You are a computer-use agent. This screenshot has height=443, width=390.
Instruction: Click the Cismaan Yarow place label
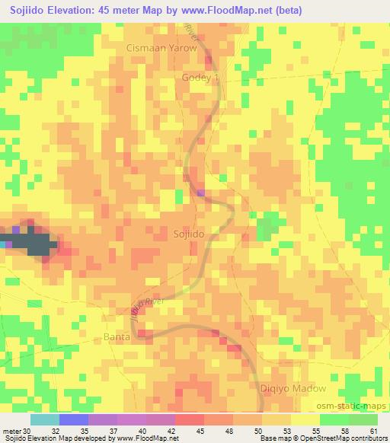pyautogui.click(x=161, y=48)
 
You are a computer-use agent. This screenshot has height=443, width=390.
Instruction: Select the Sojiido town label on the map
pyautogui.click(x=188, y=234)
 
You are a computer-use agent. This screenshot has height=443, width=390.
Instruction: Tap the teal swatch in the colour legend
pyautogui.click(x=45, y=419)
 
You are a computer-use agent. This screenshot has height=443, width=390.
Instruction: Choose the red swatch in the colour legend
pyautogui.click(x=190, y=419)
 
